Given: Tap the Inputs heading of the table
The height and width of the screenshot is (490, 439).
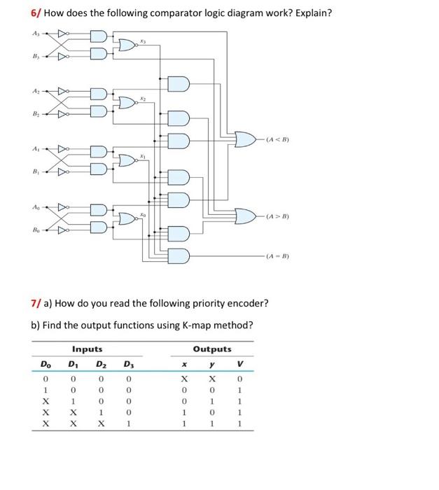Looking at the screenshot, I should (87, 349).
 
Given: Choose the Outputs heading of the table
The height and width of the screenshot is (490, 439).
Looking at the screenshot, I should (211, 349).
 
